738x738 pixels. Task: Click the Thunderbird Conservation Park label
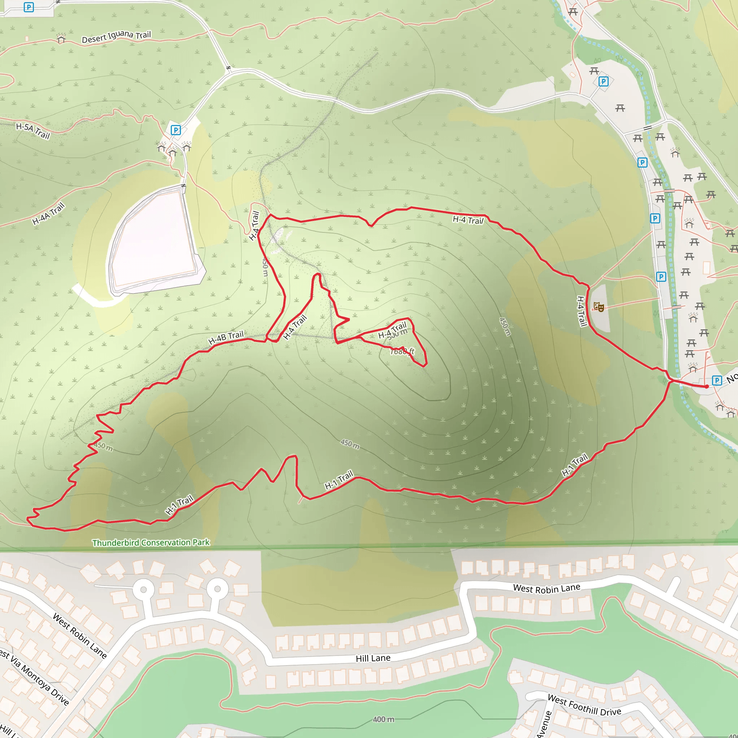click(151, 542)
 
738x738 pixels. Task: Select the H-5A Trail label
click(33, 131)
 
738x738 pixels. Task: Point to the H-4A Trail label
click(48, 214)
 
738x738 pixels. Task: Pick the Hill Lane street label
click(373, 658)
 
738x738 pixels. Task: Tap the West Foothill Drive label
click(584, 705)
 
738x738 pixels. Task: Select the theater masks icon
click(599, 306)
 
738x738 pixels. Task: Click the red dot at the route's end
click(707, 387)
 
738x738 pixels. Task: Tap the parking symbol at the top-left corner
click(29, 7)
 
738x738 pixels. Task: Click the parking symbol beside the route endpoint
click(717, 380)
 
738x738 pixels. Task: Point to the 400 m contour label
click(383, 719)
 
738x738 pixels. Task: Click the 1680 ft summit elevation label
click(402, 351)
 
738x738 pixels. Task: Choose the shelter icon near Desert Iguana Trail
click(61, 38)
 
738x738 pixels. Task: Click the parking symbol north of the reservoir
click(175, 130)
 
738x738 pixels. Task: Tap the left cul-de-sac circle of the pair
click(144, 590)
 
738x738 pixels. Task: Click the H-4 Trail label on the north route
click(468, 220)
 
